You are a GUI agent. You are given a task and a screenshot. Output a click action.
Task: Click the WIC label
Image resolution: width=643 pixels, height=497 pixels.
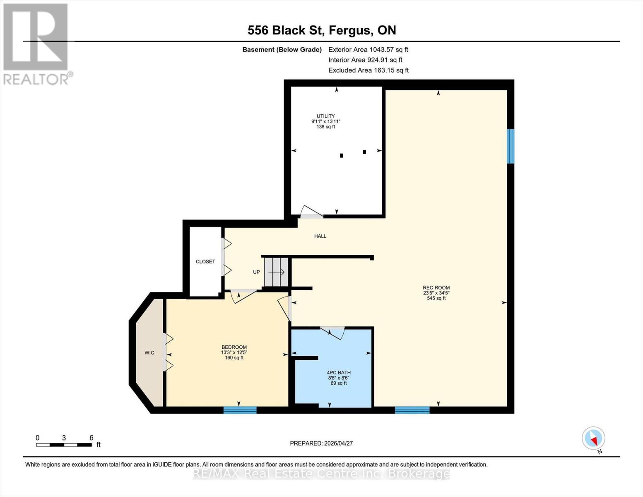[149, 353]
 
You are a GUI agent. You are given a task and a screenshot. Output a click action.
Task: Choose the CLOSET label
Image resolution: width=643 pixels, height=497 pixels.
[205, 262]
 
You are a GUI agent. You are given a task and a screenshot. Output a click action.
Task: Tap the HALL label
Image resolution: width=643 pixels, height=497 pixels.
[320, 236]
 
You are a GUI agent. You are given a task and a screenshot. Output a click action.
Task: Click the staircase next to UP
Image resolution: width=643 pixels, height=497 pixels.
[276, 272]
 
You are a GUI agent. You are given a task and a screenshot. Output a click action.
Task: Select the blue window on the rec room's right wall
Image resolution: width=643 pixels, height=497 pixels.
[511, 146]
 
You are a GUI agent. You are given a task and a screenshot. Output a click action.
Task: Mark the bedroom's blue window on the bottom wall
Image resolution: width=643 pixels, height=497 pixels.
[240, 410]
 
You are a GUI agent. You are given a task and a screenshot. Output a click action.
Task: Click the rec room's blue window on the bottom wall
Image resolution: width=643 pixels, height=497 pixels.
[412, 410]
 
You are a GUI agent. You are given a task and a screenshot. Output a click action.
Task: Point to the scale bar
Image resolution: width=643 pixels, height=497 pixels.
[64, 445]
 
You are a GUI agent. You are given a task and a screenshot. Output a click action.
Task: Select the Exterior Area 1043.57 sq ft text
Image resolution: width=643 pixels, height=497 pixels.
[368, 50]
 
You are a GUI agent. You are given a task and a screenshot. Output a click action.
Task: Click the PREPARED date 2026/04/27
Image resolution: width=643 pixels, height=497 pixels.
[321, 443]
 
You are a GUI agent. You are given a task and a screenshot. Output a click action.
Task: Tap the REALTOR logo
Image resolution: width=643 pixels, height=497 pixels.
[37, 43]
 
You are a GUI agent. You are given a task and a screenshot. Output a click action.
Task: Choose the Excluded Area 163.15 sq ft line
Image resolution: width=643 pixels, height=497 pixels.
[368, 70]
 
